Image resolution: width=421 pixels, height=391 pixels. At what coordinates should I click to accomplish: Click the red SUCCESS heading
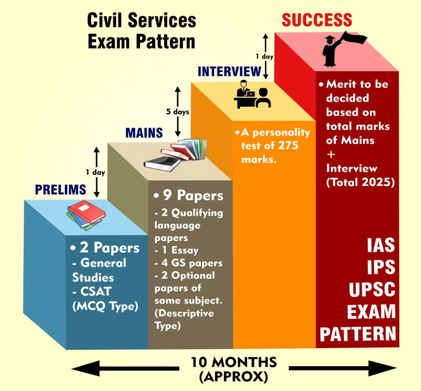pos(317,20)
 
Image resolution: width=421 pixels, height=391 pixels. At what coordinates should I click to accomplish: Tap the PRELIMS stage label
pos(61,190)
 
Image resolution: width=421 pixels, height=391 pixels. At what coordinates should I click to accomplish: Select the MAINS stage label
pos(144,133)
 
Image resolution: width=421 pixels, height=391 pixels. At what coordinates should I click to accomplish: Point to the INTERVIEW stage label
pos(229,71)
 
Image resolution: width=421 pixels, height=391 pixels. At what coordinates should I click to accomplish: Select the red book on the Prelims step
pos(87,212)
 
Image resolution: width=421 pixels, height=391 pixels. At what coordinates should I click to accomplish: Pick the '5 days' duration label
pos(178,112)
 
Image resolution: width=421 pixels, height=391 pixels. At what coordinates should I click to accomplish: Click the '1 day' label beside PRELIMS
pos(95,172)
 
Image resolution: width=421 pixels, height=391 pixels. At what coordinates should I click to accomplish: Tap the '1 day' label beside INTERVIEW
pos(264,56)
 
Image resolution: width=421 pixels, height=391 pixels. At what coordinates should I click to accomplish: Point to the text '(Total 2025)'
pos(360,182)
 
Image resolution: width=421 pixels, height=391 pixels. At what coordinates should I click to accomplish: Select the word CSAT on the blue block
pos(96,291)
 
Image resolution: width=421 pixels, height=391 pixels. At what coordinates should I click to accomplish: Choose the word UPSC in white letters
pos(372,290)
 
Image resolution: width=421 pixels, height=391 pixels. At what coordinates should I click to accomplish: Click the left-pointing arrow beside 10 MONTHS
pos(125,369)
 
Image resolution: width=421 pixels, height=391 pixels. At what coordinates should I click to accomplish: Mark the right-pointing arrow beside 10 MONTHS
pos(343,369)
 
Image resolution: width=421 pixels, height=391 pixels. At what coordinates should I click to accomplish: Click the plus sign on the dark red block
pos(331,155)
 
